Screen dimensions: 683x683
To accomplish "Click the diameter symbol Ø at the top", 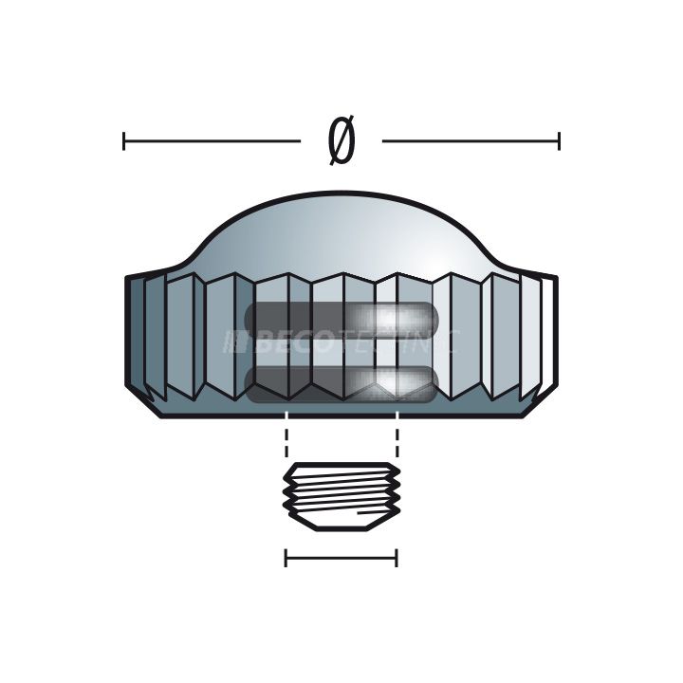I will pyautogui.click(x=341, y=142).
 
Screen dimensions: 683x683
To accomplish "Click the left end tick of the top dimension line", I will pyautogui.click(x=124, y=142).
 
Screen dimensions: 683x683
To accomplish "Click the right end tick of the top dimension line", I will pyautogui.click(x=559, y=142).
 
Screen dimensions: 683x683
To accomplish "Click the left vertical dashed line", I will pyautogui.click(x=286, y=442).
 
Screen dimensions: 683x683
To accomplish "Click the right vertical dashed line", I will pyautogui.click(x=397, y=442).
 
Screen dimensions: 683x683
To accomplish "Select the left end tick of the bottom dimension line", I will pyautogui.click(x=286, y=558).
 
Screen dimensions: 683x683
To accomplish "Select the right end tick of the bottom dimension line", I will pyautogui.click(x=397, y=558).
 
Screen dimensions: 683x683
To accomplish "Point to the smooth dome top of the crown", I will pyautogui.click(x=341, y=228).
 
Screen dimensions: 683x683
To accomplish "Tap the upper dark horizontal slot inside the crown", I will pyautogui.click(x=341, y=319).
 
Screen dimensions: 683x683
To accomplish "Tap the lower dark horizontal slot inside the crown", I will pyautogui.click(x=341, y=380).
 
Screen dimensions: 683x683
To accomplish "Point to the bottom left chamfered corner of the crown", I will pyautogui.click(x=142, y=402).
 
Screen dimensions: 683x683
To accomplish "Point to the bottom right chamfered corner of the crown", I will pyautogui.click(x=541, y=402).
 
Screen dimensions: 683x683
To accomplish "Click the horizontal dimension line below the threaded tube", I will pyautogui.click(x=341, y=558).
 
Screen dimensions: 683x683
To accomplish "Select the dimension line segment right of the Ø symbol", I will pyautogui.click(x=470, y=142).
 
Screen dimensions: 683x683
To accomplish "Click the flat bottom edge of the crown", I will pyautogui.click(x=341, y=416).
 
